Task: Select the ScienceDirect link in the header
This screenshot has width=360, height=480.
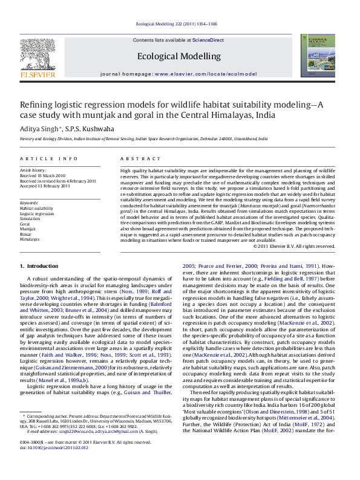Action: coord(208,40)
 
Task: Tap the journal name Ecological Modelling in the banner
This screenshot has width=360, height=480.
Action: coord(179,56)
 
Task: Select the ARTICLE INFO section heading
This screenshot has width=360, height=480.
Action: coord(48,158)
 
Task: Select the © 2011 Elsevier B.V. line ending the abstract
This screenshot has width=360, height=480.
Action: coord(294,263)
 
